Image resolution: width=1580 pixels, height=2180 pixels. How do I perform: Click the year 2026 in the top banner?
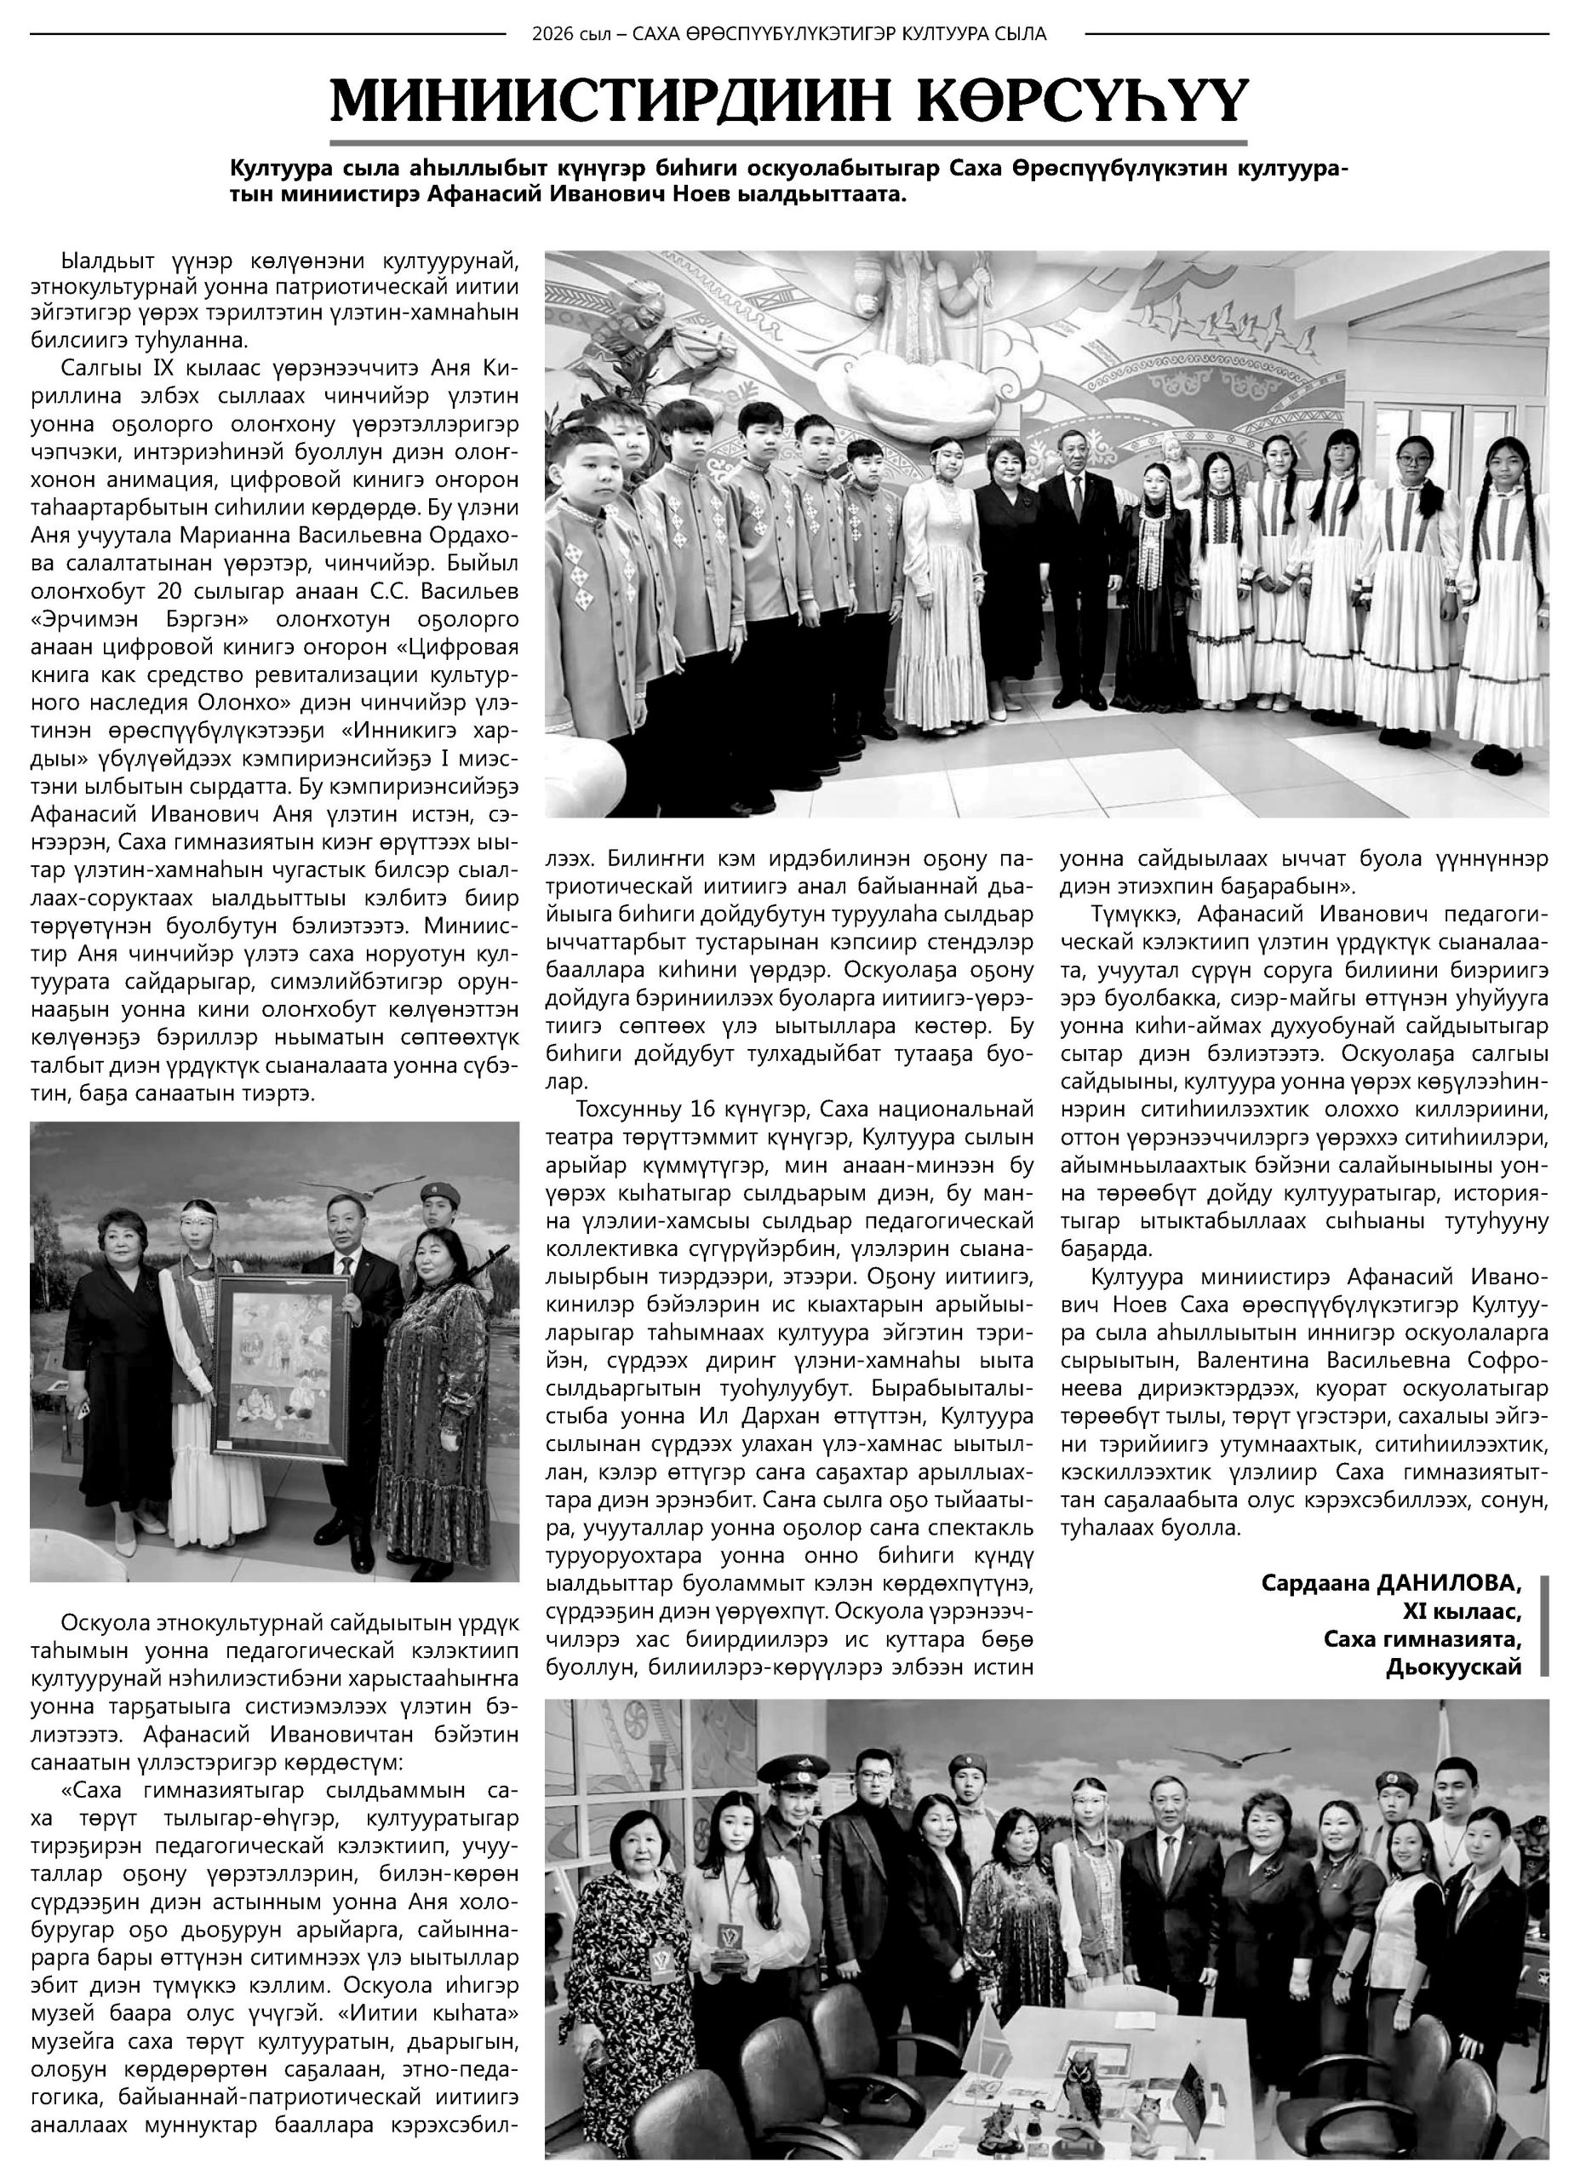pos(554,35)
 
